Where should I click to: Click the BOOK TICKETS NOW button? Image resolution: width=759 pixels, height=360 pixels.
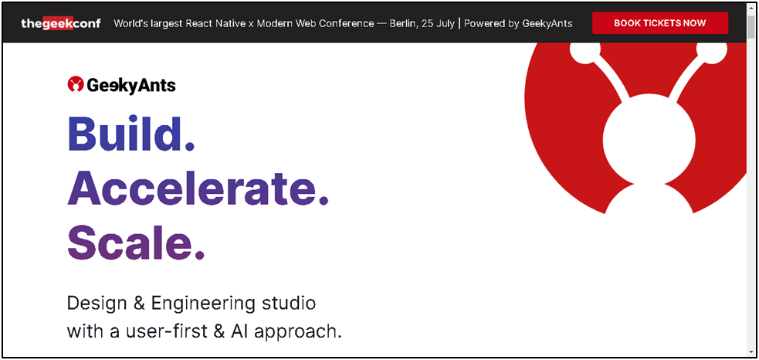click(x=659, y=22)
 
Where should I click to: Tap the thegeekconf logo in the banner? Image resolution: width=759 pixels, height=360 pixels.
click(x=61, y=23)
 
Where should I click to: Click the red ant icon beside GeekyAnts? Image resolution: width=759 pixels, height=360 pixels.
click(x=76, y=85)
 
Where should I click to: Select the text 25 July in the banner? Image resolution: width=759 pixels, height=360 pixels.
click(x=438, y=24)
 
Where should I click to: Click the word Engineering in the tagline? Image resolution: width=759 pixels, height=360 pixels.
click(x=203, y=304)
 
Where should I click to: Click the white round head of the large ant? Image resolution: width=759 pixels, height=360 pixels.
click(x=649, y=138)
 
